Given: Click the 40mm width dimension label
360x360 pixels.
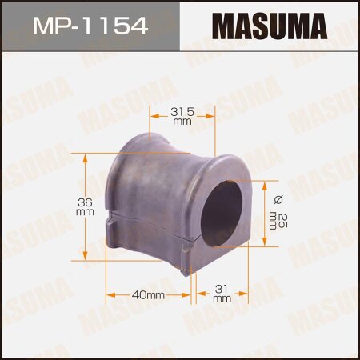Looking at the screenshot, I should [x=149, y=296].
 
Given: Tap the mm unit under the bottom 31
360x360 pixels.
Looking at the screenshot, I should [x=221, y=298].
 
